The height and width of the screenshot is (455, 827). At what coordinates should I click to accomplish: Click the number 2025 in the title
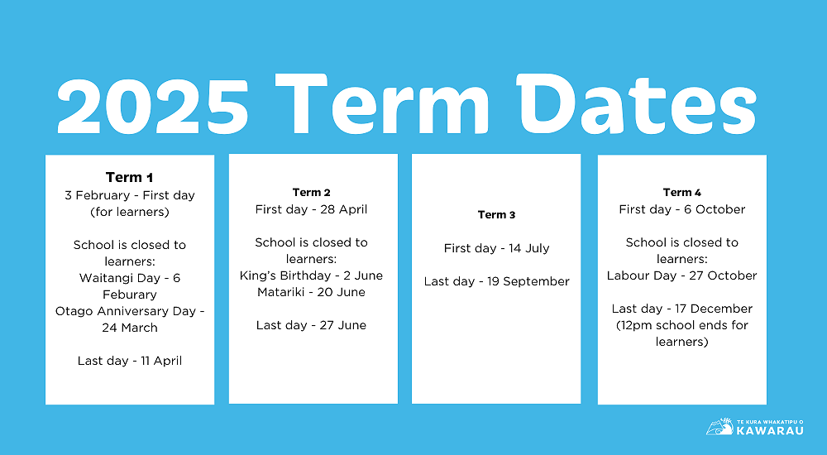[153, 106]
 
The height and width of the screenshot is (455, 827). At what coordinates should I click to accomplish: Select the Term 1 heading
[130, 177]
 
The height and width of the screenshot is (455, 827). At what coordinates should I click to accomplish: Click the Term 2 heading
[312, 193]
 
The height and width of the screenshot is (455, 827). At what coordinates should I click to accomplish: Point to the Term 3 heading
[496, 215]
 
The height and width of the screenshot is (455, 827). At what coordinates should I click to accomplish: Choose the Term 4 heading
[682, 193]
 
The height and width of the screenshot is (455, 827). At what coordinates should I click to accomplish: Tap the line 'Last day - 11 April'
[130, 361]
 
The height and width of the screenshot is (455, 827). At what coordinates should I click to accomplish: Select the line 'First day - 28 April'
[312, 209]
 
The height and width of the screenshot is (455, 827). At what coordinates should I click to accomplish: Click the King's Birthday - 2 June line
[312, 275]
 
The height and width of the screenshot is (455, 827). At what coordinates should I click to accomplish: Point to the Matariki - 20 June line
[312, 292]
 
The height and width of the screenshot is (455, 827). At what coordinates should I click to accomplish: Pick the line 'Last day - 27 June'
[312, 325]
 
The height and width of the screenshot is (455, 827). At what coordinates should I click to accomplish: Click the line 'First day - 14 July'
[496, 248]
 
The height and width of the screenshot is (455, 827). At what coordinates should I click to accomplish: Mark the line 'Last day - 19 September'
[496, 281]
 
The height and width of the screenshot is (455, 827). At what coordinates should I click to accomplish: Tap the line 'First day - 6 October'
[682, 209]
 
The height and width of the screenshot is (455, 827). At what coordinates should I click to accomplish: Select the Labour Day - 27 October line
[682, 275]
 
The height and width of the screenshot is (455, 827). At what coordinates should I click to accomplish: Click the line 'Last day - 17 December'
[682, 309]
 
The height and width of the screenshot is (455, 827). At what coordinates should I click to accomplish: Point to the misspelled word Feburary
[130, 295]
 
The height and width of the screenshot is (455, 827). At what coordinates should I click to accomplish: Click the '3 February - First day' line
[130, 195]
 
